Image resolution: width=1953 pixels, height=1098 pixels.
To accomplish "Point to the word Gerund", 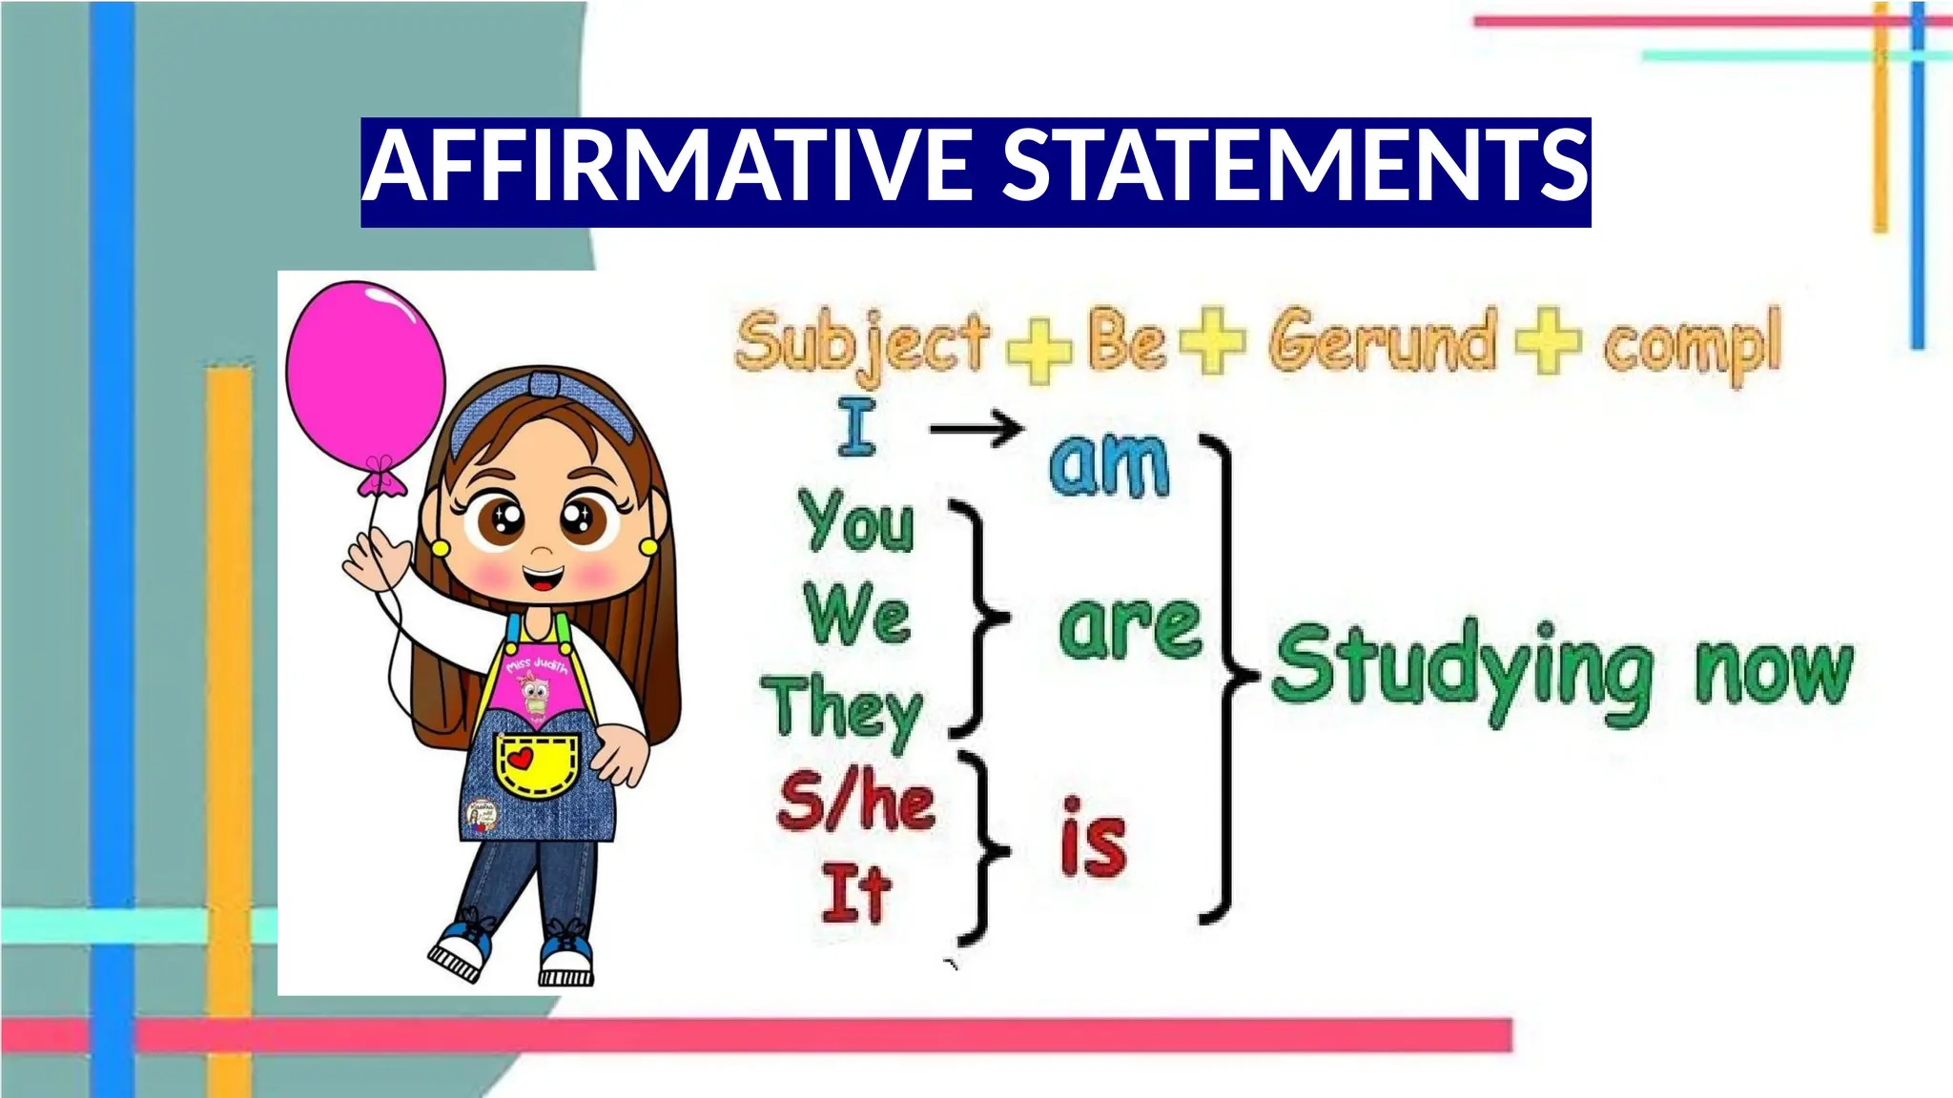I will pyautogui.click(x=1381, y=341).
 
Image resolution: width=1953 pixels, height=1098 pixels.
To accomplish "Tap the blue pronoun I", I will pyautogui.click(x=856, y=428).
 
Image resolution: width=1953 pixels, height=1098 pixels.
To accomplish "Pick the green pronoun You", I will pyautogui.click(x=856, y=522).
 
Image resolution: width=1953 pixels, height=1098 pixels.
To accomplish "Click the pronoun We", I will pyautogui.click(x=856, y=615).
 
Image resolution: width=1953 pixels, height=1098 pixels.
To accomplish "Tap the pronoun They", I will pyautogui.click(x=843, y=709).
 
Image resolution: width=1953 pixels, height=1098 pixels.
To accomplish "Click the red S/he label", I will pyautogui.click(x=855, y=803).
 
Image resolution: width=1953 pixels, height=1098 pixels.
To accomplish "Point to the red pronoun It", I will pyautogui.click(x=855, y=893).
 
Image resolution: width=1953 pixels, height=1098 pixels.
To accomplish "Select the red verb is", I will pyautogui.click(x=1093, y=840).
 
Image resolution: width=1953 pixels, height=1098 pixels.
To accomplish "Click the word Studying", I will pyautogui.click(x=1461, y=669).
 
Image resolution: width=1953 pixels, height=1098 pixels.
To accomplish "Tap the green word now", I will pyautogui.click(x=1773, y=671).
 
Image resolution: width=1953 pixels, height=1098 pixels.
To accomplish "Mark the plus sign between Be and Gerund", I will pyautogui.click(x=1212, y=340).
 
